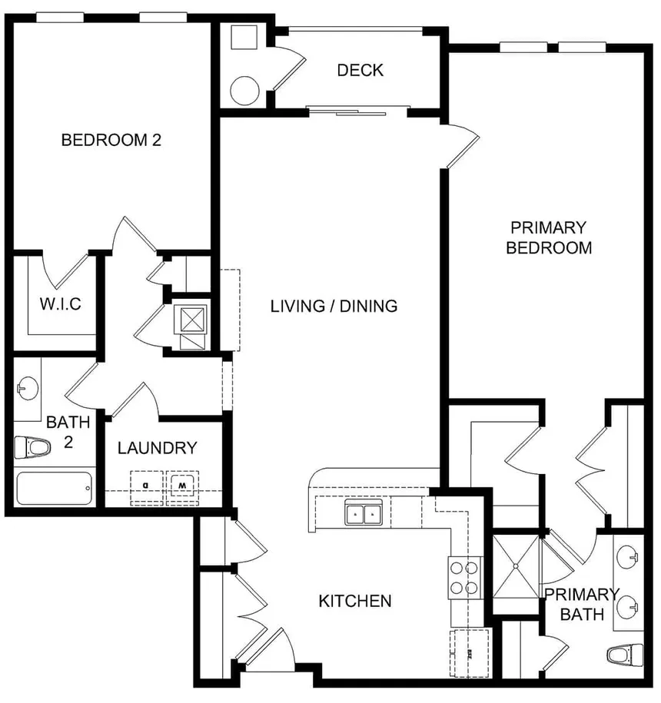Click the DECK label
[x=360, y=71]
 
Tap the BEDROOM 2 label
[x=111, y=140]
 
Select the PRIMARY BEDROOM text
[x=548, y=237]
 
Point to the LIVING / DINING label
[x=334, y=306]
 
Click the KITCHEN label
[x=355, y=601]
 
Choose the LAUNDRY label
[x=157, y=448]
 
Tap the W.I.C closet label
[x=60, y=304]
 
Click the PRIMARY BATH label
[x=581, y=604]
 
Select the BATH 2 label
[x=68, y=432]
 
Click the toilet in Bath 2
[x=32, y=446]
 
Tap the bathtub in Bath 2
[x=54, y=489]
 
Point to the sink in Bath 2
[x=28, y=389]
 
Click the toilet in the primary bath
[x=623, y=655]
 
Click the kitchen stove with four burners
[x=464, y=578]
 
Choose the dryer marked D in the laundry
[x=147, y=486]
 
